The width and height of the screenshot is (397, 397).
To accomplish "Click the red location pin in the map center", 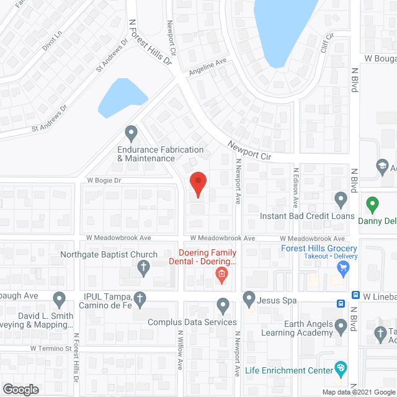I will tap(197, 184).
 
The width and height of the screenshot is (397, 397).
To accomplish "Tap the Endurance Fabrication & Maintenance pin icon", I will tap(131, 133).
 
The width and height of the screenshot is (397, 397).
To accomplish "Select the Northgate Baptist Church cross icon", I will tap(143, 268).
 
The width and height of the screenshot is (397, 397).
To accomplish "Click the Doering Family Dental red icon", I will tap(220, 275).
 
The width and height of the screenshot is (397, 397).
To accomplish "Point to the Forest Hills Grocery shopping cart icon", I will tap(342, 268).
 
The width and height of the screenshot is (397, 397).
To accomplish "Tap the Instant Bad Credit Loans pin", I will tap(341, 200).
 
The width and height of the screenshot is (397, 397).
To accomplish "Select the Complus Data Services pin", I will tap(223, 305).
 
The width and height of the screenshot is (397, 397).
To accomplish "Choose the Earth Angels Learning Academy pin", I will tap(341, 325).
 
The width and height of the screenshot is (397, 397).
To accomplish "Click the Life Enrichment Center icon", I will tap(341, 370).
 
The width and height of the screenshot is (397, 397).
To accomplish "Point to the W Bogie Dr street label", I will tap(104, 181).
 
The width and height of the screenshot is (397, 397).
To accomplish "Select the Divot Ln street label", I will tap(53, 42).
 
